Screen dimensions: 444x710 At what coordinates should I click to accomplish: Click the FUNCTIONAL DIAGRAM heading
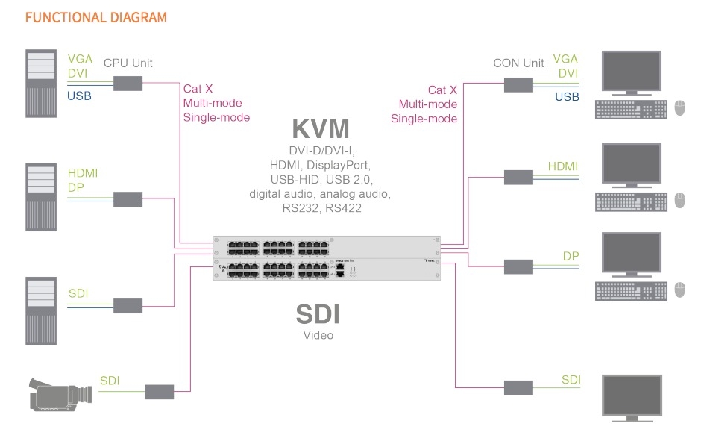click(96, 17)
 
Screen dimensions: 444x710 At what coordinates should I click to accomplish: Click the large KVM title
click(320, 128)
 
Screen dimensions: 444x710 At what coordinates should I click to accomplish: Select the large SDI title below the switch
click(318, 314)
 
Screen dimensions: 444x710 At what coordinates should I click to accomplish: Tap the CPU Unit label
click(128, 63)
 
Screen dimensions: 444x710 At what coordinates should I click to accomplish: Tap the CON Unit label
click(518, 63)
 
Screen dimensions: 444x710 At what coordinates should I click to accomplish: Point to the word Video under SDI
click(318, 335)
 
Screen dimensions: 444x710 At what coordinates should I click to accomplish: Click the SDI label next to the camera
click(110, 381)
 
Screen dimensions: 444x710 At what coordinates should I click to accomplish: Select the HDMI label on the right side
click(563, 166)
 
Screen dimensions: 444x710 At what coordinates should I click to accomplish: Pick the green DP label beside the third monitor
click(571, 256)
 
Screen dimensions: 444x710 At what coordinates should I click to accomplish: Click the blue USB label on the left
click(80, 96)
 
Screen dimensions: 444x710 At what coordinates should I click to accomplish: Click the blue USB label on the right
click(567, 96)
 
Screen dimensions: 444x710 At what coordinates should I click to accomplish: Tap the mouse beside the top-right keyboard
click(680, 107)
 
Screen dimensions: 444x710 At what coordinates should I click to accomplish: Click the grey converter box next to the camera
click(159, 391)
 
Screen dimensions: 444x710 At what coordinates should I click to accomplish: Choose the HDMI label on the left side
click(83, 173)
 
